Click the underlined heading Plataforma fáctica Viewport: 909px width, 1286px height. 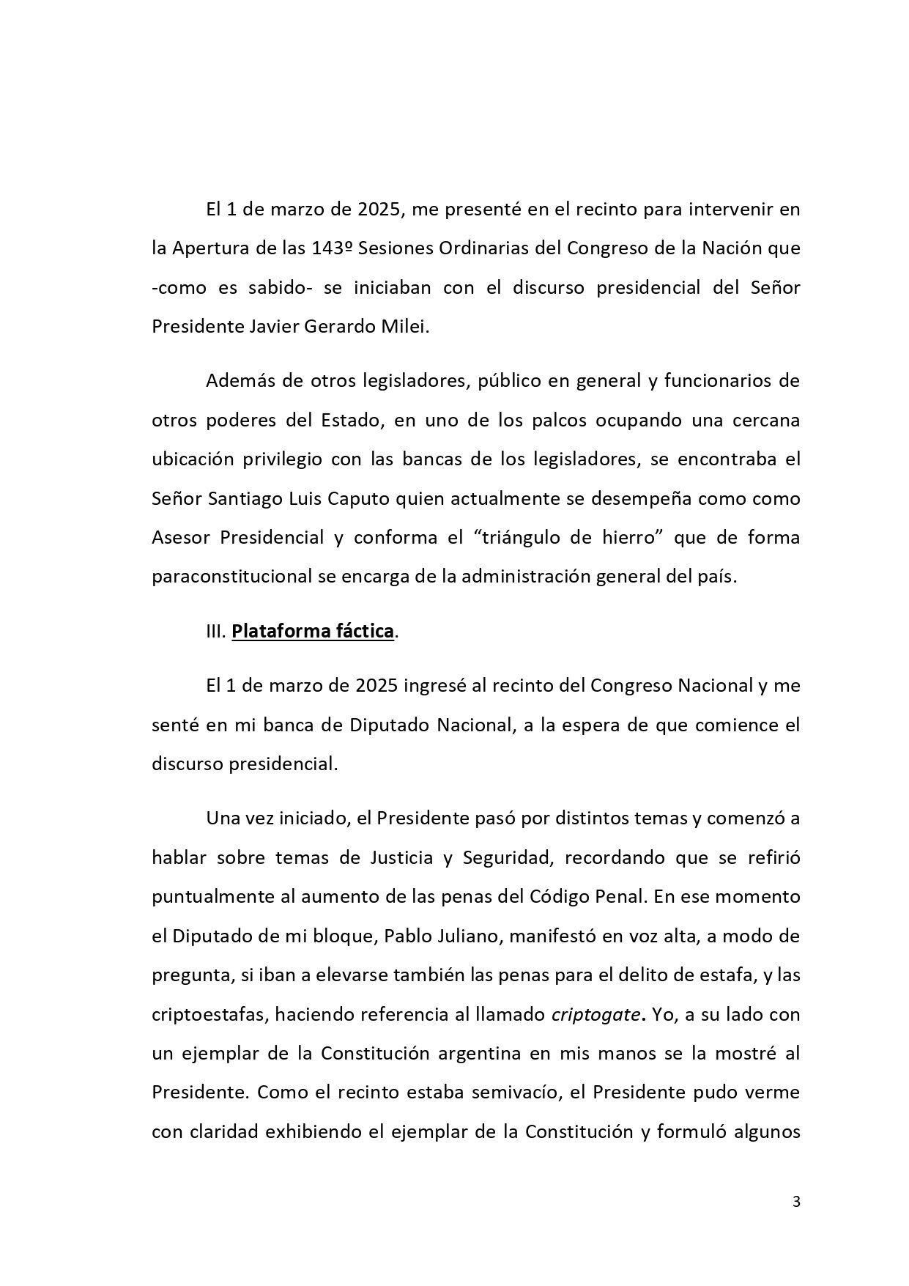pyautogui.click(x=313, y=631)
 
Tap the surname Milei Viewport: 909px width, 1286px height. pyautogui.click(x=406, y=326)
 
